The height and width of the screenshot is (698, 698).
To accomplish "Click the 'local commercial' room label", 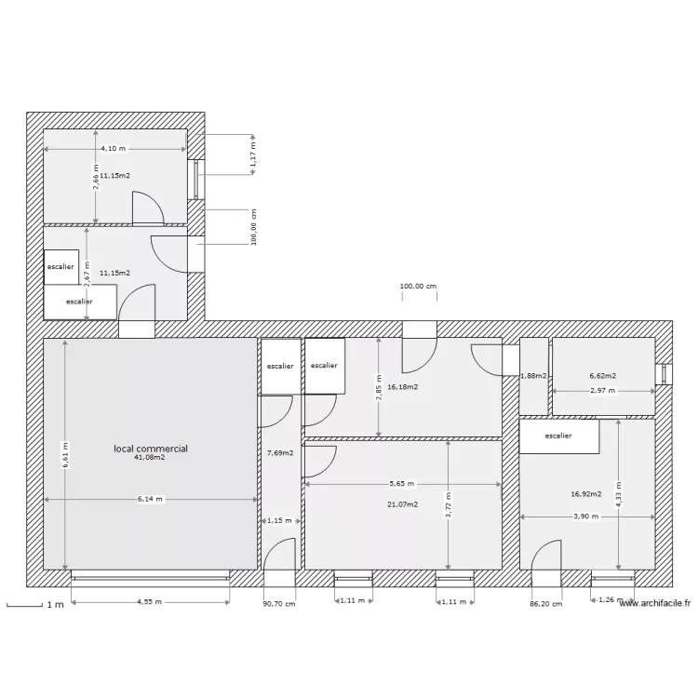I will click(x=151, y=449).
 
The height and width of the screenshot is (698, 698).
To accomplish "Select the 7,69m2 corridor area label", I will click(x=280, y=453).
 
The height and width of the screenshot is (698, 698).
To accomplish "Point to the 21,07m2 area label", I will click(x=403, y=504).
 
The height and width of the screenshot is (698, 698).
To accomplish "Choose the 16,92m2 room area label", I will click(x=586, y=495).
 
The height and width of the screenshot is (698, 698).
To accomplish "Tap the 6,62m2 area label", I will click(x=602, y=376).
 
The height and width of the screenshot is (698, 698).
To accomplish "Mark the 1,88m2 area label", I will click(x=534, y=376).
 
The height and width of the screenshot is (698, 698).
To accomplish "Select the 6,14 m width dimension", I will click(x=150, y=499).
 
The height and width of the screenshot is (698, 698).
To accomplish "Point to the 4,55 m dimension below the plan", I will click(x=150, y=602).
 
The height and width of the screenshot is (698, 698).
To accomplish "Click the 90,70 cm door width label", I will click(x=279, y=603).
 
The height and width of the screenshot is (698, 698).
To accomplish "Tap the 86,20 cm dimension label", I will click(x=545, y=603).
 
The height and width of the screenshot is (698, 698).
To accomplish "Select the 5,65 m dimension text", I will click(x=403, y=484).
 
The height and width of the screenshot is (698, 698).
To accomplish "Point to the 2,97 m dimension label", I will click(x=603, y=391).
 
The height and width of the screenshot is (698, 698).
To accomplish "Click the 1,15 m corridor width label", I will click(x=279, y=520).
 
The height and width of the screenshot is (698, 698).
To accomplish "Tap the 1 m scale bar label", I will click(x=55, y=605).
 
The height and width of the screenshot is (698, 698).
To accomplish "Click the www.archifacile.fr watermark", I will click(x=655, y=603).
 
